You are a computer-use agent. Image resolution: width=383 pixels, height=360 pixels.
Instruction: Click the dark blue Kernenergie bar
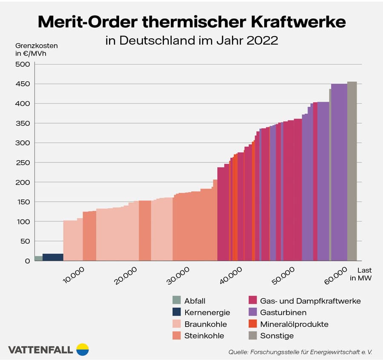53,257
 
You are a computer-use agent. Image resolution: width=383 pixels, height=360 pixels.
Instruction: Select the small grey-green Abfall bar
38,258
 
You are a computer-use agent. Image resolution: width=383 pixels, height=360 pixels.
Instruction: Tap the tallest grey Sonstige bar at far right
352,170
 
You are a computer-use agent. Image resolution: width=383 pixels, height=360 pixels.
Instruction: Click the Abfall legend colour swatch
176,301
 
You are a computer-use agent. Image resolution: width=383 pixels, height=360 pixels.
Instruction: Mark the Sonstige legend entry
277,336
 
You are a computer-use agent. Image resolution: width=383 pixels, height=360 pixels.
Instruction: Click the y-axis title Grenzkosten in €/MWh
31,49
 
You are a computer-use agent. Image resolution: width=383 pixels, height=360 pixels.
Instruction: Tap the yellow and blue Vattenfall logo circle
83,349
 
